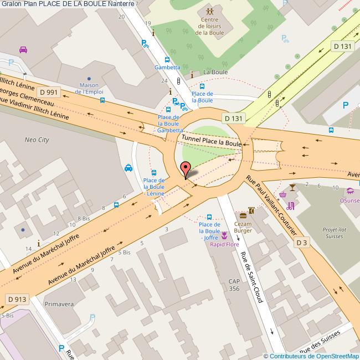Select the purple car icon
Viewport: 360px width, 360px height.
tap(23, 49)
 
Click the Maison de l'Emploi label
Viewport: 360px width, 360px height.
tap(89, 88)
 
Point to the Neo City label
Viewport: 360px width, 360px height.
tap(37, 140)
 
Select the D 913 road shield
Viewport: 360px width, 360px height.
tap(17, 299)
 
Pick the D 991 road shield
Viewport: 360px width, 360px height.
tap(48, 92)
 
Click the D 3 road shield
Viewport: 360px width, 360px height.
tap(301, 243)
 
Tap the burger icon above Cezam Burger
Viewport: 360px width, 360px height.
tap(243, 214)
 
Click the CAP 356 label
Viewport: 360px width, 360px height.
tap(234, 285)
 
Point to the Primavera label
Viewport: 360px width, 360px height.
tap(59, 304)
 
